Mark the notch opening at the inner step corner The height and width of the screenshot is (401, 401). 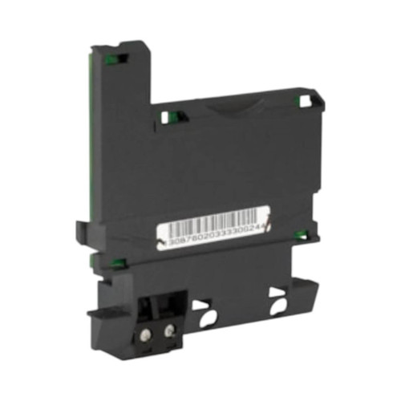coord(166,117)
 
